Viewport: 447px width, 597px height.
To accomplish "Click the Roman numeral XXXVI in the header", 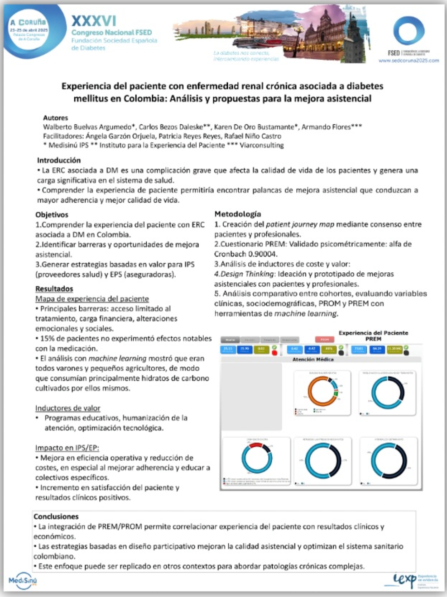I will pos(94,21).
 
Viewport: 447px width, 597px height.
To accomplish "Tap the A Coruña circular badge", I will pos(29,30).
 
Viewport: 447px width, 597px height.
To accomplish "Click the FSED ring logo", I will pos(409,31).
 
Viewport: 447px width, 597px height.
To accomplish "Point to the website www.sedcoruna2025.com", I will pos(409,60).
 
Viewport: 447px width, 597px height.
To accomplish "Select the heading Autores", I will pos(55,118).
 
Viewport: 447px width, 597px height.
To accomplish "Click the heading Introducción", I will pos(59,160).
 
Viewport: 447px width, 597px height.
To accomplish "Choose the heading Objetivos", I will pos(52,215).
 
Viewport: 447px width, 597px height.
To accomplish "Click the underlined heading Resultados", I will pos(54,289).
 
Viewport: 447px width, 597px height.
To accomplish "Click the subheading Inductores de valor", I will pos(68,408).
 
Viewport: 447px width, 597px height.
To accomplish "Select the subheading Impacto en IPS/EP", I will pos(67,448).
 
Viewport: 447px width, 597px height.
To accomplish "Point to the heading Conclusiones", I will pos(56,516).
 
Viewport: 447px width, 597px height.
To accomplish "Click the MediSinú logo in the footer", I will pos(23,581).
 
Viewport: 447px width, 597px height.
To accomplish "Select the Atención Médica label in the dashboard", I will pos(313,360).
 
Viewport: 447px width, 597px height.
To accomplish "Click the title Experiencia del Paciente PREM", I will pos(373,336).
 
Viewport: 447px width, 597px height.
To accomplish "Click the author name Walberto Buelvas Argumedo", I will pos(89,127).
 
